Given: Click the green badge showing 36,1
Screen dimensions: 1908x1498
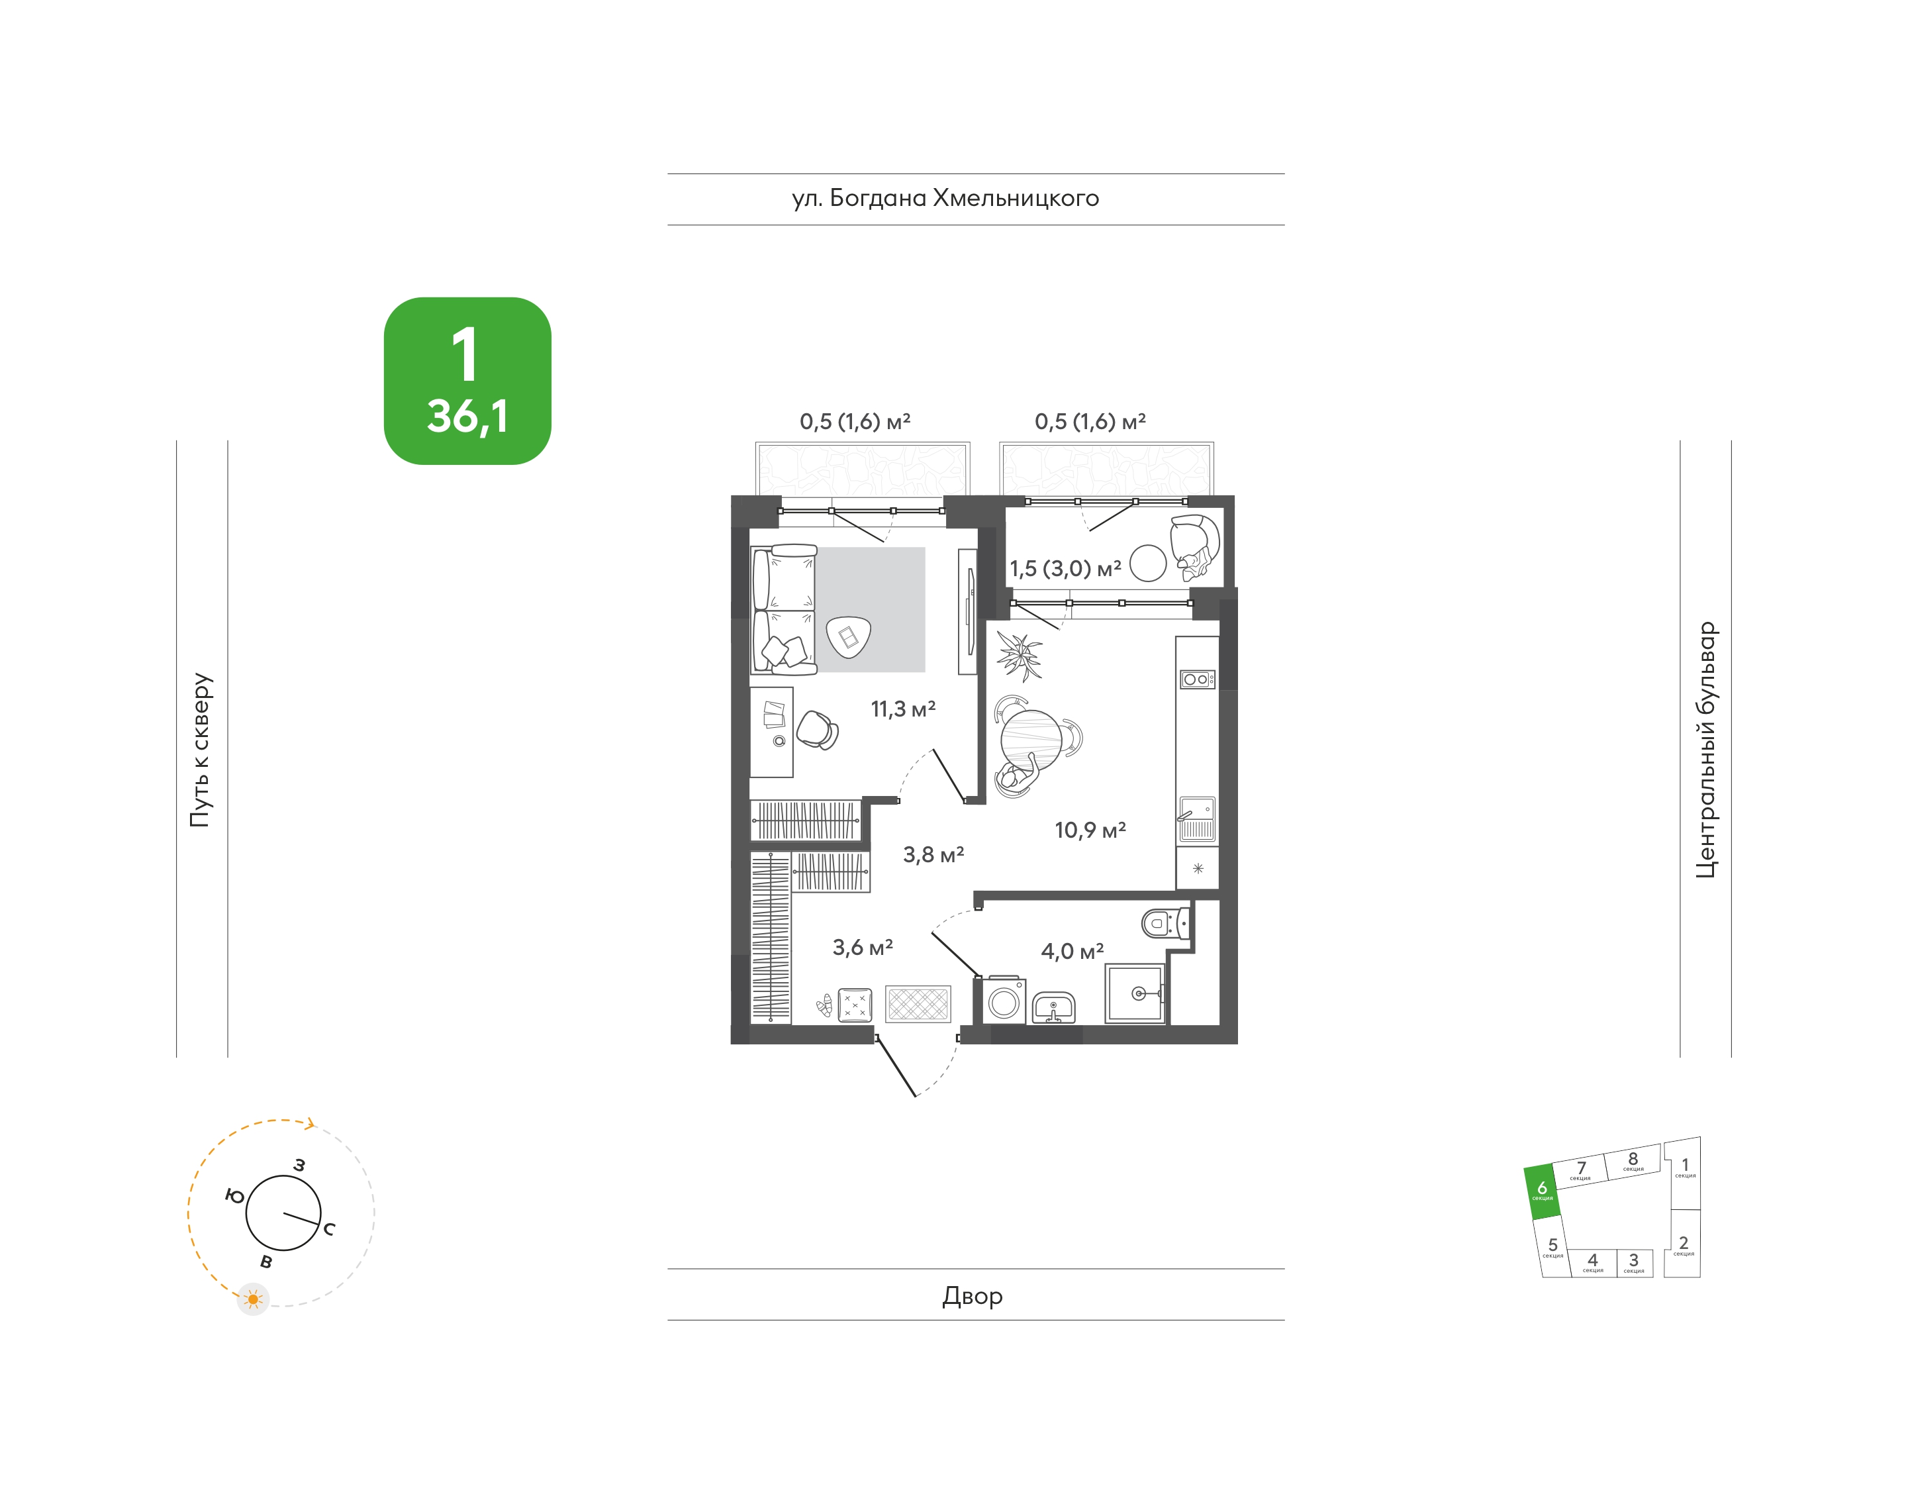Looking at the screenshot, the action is [467, 381].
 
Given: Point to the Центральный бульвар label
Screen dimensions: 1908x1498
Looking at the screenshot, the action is [1705, 750].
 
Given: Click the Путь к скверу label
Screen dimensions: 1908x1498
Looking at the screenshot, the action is [201, 750].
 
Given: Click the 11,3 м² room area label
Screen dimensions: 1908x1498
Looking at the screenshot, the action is [903, 709].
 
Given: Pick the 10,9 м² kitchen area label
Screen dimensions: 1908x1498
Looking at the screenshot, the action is [1090, 830].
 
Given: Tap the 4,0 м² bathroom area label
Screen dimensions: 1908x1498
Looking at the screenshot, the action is [1073, 951].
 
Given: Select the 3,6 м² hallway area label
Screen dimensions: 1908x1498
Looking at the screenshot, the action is [863, 947].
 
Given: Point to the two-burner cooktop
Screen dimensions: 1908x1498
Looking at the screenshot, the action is [1197, 679].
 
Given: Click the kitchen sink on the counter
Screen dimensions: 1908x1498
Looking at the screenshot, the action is [1197, 819].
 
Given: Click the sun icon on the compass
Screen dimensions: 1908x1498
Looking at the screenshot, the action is [254, 1299].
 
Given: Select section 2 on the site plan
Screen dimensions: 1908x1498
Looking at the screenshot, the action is [1683, 1244].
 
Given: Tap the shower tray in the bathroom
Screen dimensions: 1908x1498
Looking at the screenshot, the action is [1135, 993].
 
